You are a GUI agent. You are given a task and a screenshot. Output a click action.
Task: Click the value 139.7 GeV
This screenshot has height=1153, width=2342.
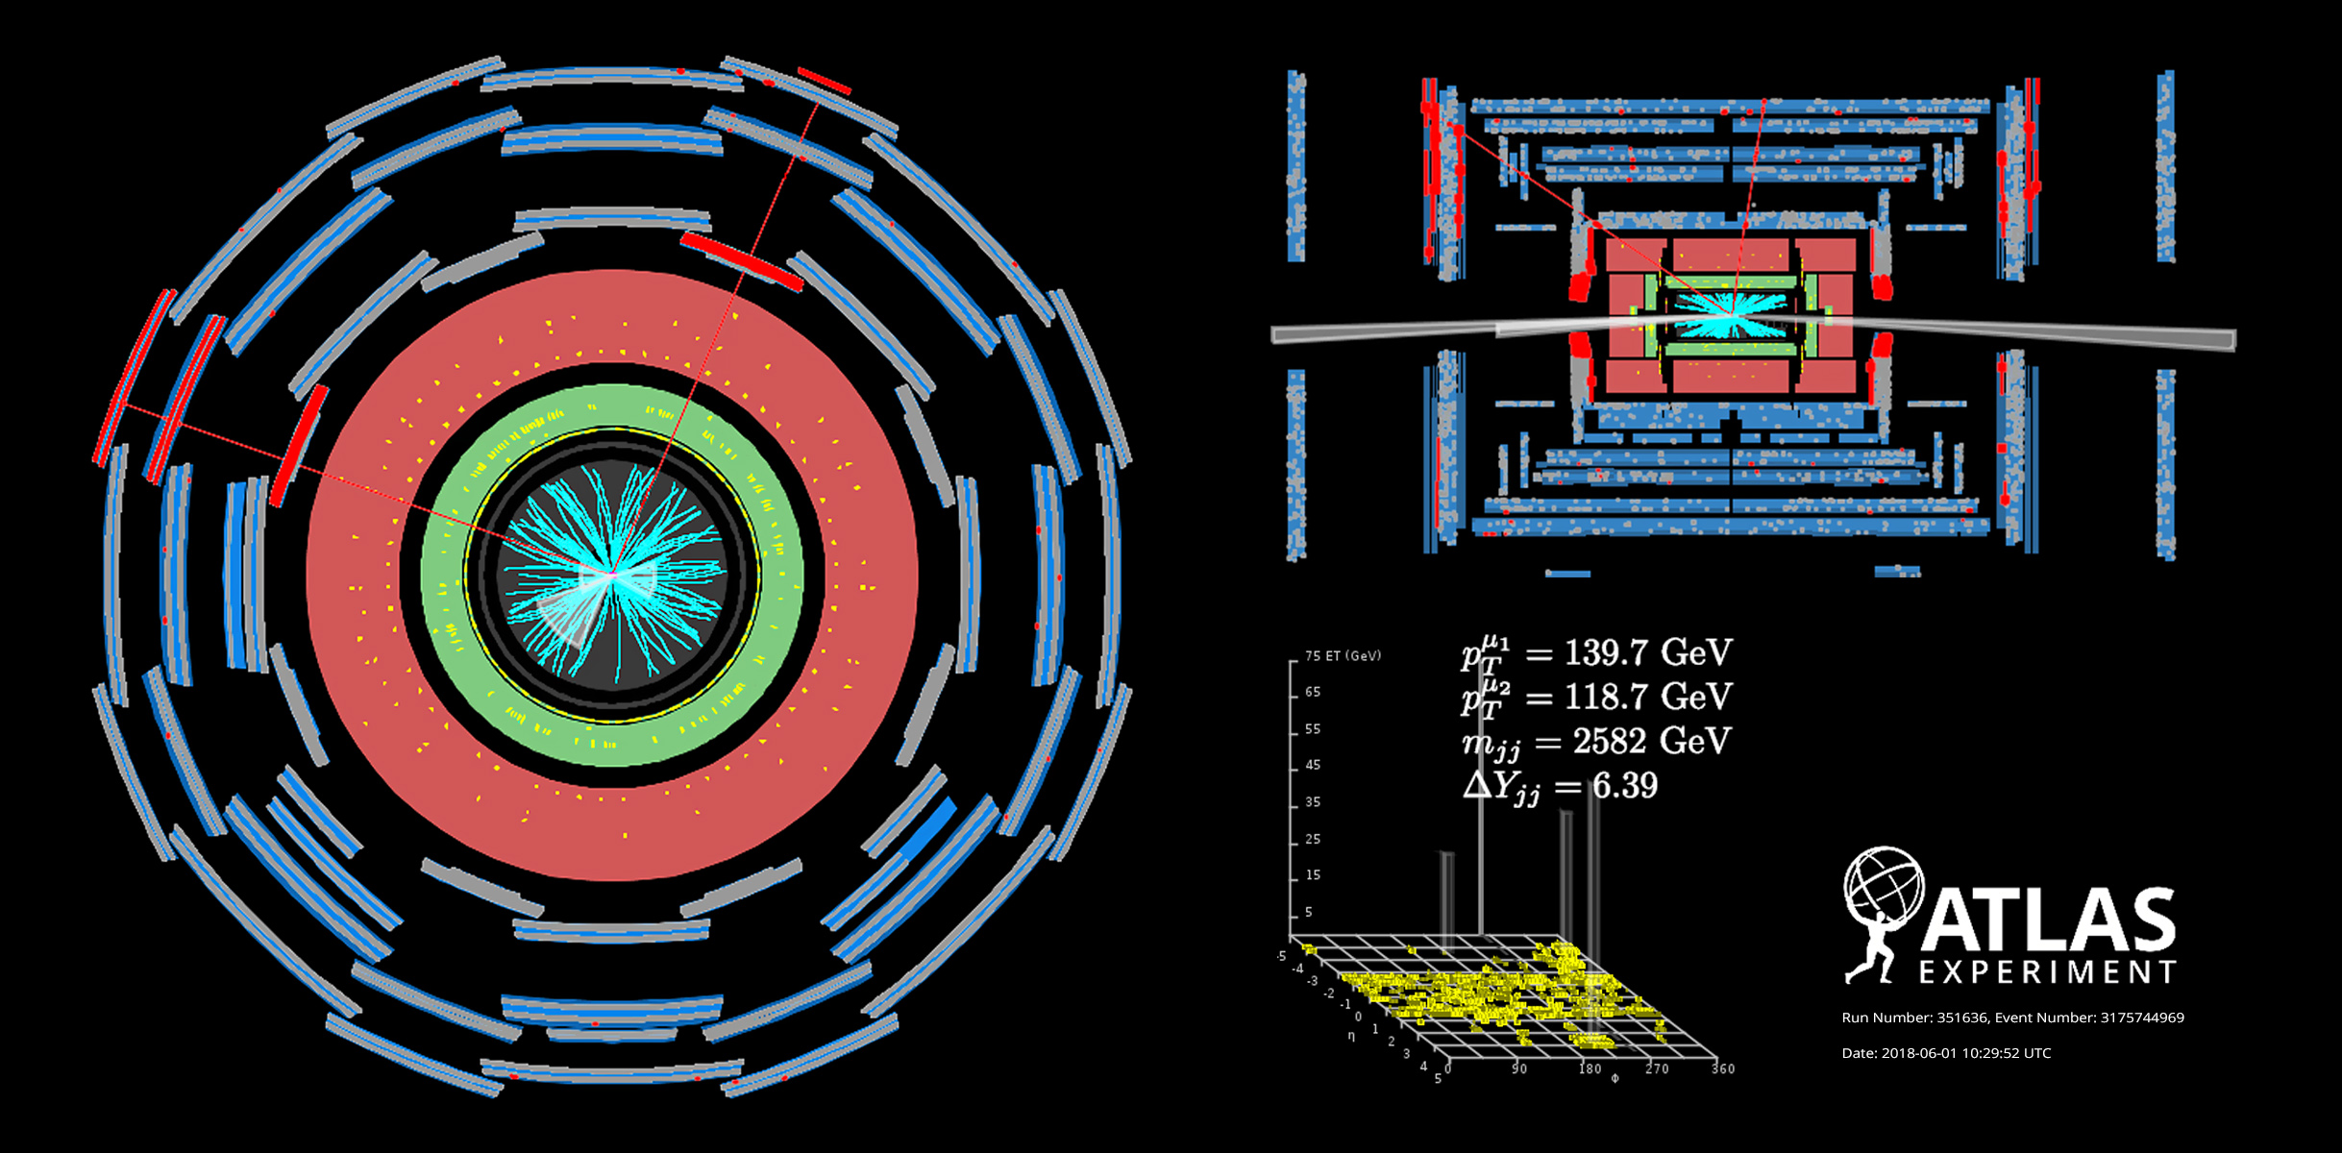(1647, 653)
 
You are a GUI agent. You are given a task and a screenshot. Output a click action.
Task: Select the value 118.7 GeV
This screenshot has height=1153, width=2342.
(1647, 697)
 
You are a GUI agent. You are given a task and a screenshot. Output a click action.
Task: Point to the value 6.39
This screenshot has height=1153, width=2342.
(1624, 786)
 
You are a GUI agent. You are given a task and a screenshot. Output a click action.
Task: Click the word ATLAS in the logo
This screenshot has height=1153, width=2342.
(2047, 920)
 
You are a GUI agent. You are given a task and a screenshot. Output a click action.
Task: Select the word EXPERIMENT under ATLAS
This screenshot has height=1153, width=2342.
(2047, 973)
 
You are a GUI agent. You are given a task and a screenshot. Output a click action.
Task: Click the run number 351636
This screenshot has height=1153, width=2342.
(1961, 1018)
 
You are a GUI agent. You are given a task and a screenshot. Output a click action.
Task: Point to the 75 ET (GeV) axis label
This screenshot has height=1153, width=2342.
(1342, 656)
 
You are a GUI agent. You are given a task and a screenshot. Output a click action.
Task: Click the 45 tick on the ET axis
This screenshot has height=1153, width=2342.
(1313, 766)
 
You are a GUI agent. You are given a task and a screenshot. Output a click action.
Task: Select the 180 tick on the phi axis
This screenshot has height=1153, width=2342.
(1590, 1068)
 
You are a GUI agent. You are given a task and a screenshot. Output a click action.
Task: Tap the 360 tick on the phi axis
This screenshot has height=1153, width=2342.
(1722, 1068)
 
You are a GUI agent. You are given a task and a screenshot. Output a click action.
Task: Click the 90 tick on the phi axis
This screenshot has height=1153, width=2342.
(1518, 1068)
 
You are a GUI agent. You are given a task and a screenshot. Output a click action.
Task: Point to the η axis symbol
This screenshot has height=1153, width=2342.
(1351, 1036)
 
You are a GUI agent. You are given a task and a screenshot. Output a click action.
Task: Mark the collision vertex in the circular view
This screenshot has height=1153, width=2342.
(611, 575)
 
